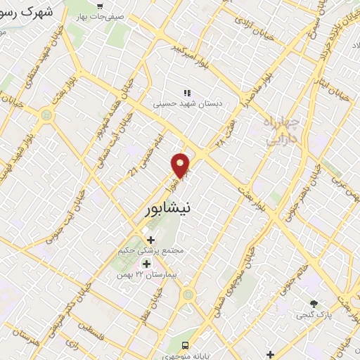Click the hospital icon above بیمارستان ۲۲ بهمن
click(148, 263)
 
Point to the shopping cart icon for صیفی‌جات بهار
click(102, 6)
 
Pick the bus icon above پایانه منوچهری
click(186, 345)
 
